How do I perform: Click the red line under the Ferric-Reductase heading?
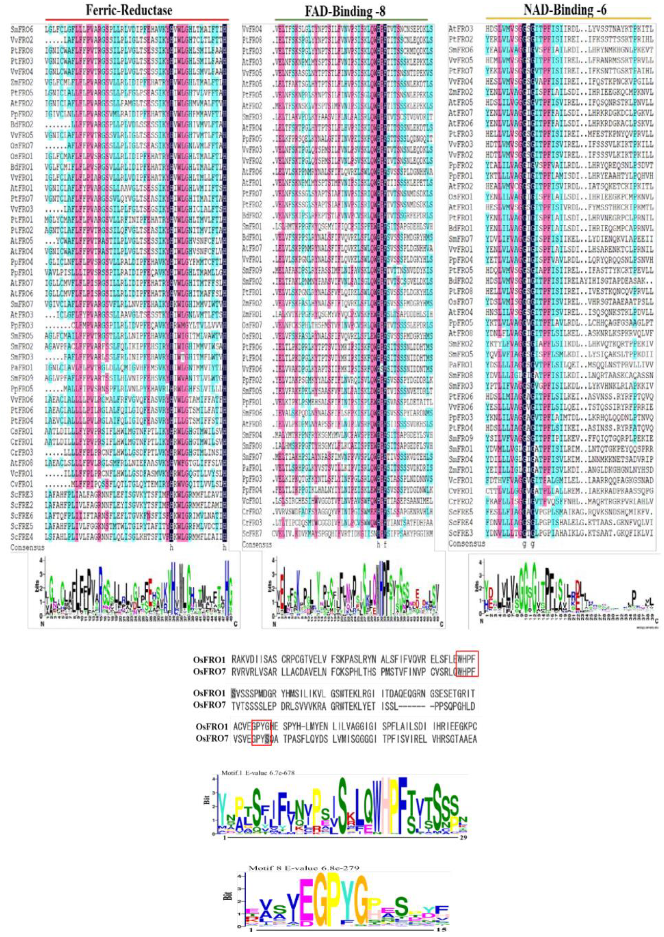coord(137,19)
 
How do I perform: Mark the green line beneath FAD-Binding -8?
coord(351,19)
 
